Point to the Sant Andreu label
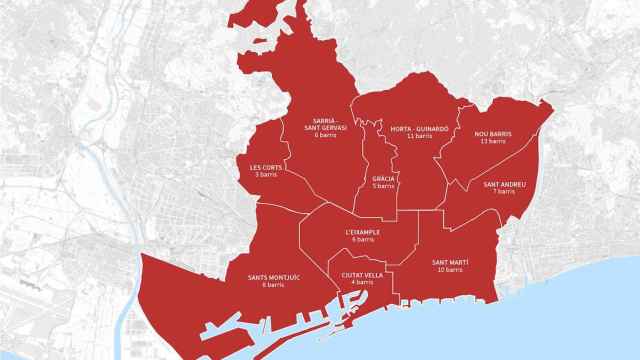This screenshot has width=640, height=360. (503, 184)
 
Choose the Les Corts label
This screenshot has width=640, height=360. (266, 167)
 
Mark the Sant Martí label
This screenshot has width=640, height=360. (450, 262)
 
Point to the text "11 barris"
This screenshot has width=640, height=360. (418, 137)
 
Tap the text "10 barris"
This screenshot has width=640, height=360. (450, 270)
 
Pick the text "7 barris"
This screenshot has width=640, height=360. (503, 192)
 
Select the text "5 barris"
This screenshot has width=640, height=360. (384, 186)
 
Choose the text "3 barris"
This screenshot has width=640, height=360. (266, 175)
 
